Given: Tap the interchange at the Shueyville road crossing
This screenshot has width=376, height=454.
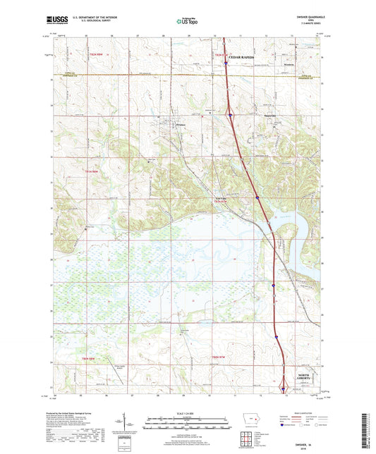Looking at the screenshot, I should (231, 114).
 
